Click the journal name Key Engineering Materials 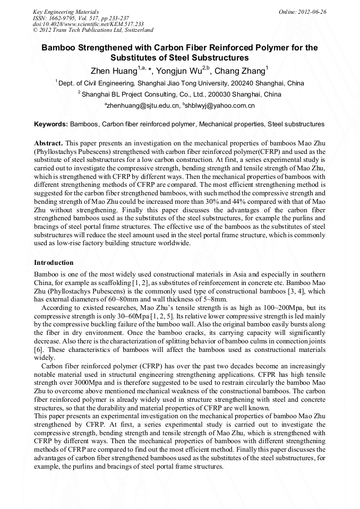[65, 11]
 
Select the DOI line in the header [88, 24]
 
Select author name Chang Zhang [241, 71]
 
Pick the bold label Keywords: [51, 124]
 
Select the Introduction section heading [54, 262]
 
